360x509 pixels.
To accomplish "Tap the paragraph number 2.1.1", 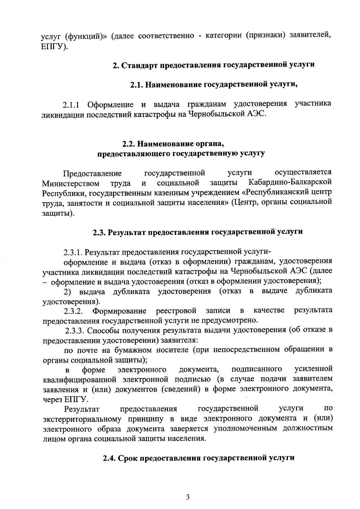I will pyautogui.click(x=71, y=105).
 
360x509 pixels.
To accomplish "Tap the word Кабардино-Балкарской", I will pyautogui.click(x=290, y=182).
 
